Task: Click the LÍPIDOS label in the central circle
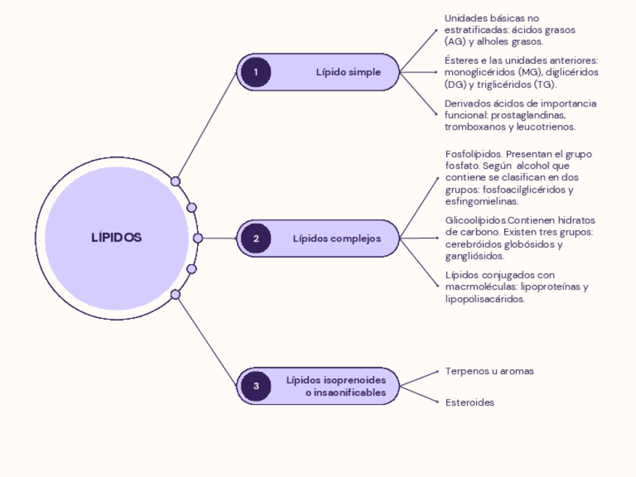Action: click(x=116, y=238)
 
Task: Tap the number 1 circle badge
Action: click(x=256, y=72)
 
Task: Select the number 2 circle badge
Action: click(x=256, y=238)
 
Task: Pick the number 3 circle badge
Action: click(x=256, y=386)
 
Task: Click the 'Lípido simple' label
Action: click(x=348, y=72)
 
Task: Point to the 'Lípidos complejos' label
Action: click(x=337, y=238)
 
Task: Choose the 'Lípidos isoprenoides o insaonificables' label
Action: click(x=341, y=386)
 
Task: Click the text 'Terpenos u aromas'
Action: click(x=489, y=371)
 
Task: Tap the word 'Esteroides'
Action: click(x=469, y=403)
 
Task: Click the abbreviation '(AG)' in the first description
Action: click(x=454, y=42)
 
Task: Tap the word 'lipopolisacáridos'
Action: click(x=484, y=298)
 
